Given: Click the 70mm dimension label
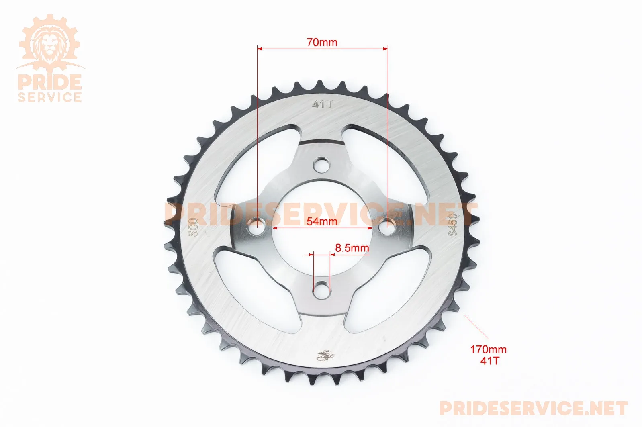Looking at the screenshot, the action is coord(322,43).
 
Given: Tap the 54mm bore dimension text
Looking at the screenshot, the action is coord(322,221).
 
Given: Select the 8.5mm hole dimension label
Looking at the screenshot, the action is coord(352,248).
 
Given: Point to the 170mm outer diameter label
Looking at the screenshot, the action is coord(489,349).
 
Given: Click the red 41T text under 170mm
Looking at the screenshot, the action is coord(489,361).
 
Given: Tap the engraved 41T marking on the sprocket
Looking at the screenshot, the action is coord(322,104).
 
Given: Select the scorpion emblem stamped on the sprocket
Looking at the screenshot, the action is coord(325,355).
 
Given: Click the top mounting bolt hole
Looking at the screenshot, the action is coord(321,165).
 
